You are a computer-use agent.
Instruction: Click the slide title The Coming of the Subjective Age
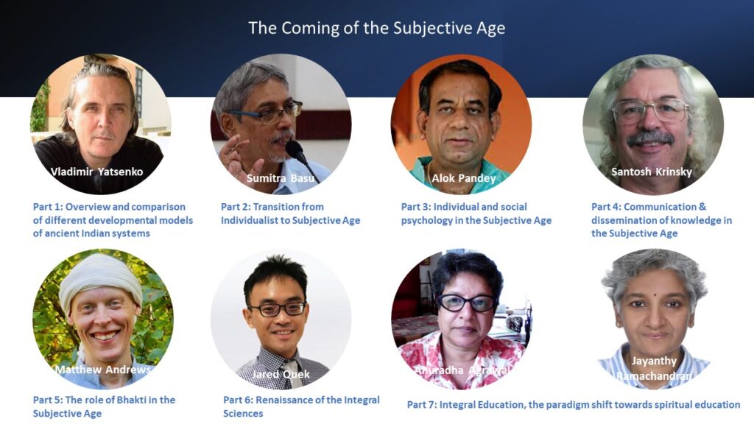(376, 28)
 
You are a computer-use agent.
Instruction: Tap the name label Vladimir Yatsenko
(96, 172)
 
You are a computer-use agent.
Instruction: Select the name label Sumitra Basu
(281, 178)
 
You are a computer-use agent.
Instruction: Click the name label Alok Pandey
(464, 178)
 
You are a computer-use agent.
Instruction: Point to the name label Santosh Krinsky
(652, 172)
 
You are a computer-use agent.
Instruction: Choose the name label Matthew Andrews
(103, 370)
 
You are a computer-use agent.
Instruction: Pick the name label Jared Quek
(281, 374)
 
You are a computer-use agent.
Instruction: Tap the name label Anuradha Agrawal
(462, 370)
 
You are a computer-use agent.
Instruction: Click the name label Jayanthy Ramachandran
(654, 368)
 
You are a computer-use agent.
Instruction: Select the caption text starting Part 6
(301, 406)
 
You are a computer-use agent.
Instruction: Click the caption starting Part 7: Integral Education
(573, 405)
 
